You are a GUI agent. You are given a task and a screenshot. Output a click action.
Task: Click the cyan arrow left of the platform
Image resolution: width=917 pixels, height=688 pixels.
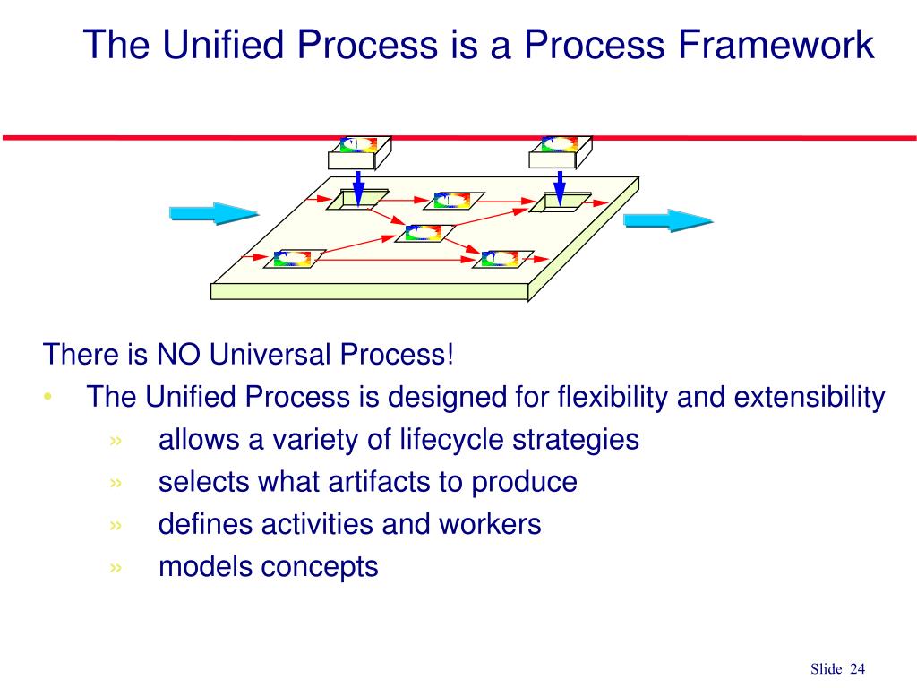pos(213,213)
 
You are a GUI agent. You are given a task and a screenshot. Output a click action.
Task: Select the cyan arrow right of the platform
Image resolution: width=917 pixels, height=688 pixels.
pos(667,220)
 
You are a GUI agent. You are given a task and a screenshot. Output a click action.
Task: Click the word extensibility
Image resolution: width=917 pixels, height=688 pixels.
pos(810,397)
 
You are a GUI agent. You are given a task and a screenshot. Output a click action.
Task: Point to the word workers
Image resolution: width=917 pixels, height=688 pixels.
pos(489,524)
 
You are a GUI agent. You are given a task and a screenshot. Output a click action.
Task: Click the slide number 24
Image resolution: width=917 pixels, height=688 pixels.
pos(858,669)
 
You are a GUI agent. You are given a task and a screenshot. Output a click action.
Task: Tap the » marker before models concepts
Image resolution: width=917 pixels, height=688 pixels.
pos(116,567)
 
